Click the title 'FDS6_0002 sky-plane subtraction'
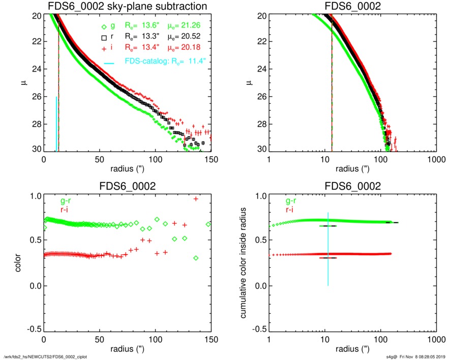[x=127, y=6]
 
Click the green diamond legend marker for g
[x=104, y=26]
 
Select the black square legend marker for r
[x=104, y=38]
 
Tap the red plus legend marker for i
[x=104, y=49]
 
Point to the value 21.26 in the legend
[x=199, y=26]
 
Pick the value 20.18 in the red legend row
[x=199, y=49]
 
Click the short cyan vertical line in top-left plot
[x=56, y=124]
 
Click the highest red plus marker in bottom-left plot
[x=196, y=199]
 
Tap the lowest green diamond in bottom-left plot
[x=196, y=258]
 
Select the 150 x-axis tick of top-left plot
[x=211, y=158]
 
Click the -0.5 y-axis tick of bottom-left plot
[x=34, y=330]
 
